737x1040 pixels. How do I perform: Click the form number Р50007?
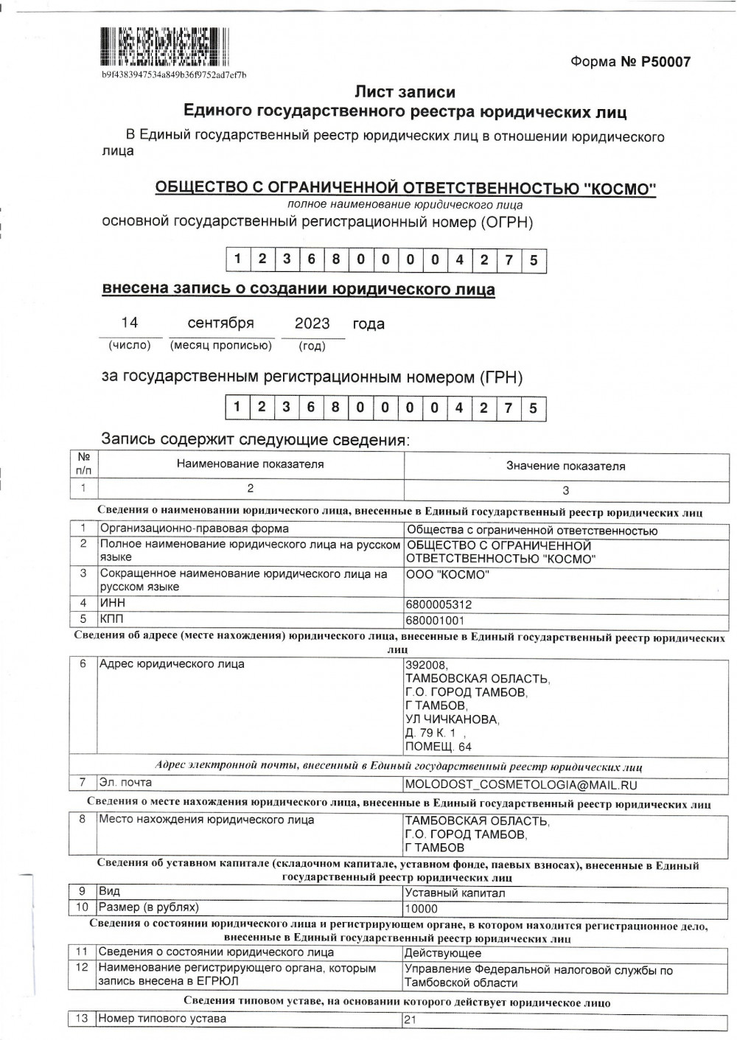(x=666, y=62)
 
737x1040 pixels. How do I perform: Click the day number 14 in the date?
(x=130, y=323)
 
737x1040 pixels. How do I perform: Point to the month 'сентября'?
(x=220, y=323)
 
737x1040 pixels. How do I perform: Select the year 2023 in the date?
(x=312, y=324)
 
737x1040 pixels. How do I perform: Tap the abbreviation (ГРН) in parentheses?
(x=501, y=377)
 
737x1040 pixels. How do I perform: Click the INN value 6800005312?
(x=439, y=604)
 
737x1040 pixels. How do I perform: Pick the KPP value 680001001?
(x=435, y=620)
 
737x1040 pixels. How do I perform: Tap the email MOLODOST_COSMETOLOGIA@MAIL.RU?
(x=521, y=786)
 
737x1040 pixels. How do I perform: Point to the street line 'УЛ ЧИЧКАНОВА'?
(x=452, y=719)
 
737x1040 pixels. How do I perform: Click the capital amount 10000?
(x=422, y=909)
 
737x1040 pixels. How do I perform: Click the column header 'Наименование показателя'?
(x=250, y=464)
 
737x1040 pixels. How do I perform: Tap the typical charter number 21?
(x=410, y=1021)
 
